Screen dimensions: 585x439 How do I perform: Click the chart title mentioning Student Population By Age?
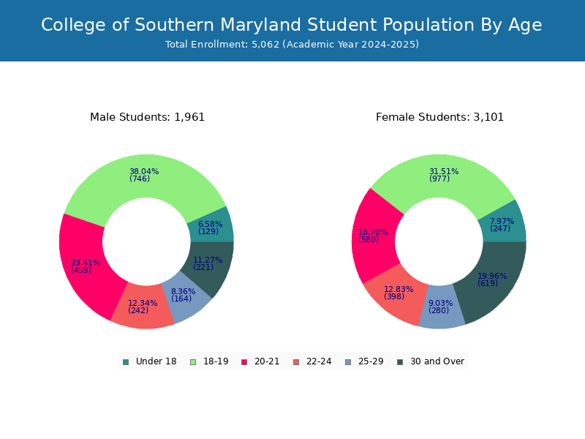pyautogui.click(x=291, y=25)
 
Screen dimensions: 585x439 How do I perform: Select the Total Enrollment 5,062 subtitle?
pyautogui.click(x=292, y=45)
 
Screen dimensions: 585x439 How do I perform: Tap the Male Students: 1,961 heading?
pyautogui.click(x=148, y=117)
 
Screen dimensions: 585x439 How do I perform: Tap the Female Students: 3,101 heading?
pyautogui.click(x=439, y=117)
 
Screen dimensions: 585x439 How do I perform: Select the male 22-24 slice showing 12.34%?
pyautogui.click(x=143, y=307)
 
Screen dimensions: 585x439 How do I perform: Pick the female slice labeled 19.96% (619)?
pyautogui.click(x=492, y=280)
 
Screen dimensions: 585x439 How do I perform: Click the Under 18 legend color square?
pyautogui.click(x=126, y=362)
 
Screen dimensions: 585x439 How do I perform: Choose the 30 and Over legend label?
pyautogui.click(x=437, y=361)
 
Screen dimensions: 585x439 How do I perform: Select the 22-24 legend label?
pyautogui.click(x=319, y=361)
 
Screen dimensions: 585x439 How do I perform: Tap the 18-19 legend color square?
pyautogui.click(x=193, y=362)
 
